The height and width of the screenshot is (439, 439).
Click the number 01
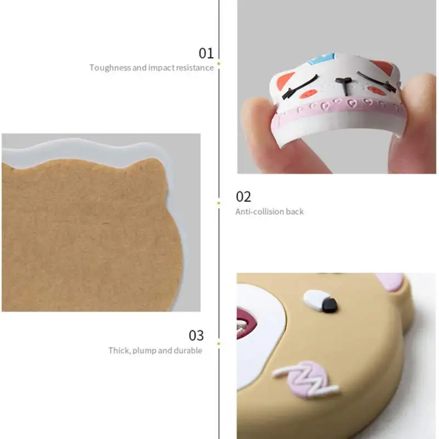pos(206,53)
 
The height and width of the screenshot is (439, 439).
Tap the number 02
pos(243,197)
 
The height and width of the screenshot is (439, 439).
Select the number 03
pos(196,335)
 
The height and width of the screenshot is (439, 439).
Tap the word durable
pos(188,350)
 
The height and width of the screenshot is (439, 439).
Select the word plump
pos(144,351)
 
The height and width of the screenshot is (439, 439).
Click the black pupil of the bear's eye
pos(329,305)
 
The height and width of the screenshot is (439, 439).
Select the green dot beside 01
pos(218,64)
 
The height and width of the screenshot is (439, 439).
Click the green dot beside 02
pos(218,203)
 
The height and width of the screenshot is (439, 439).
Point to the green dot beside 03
pos(218,344)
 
